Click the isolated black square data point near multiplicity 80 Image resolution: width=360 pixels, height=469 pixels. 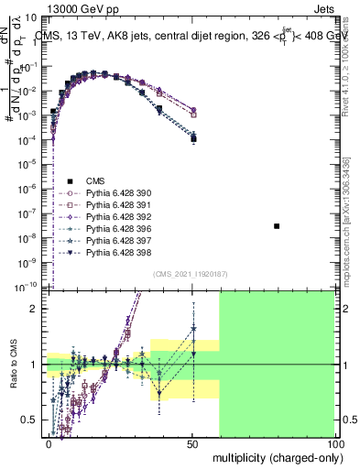click(277, 225)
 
